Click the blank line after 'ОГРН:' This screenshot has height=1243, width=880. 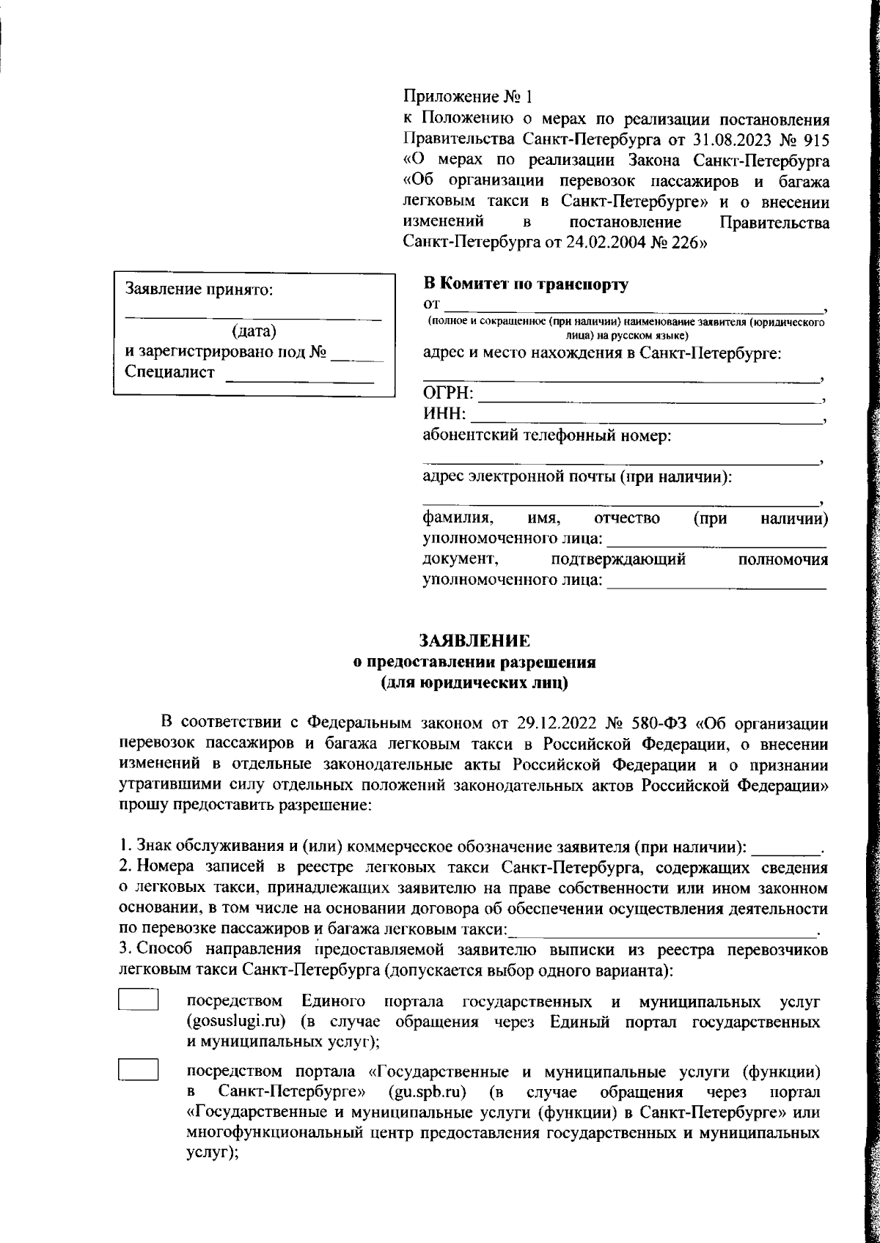(649, 399)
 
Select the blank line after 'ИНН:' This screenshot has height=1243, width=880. (645, 418)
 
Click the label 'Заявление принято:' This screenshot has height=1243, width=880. (199, 289)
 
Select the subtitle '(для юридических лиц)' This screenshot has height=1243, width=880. (474, 683)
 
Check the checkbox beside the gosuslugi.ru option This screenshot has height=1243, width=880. (139, 1000)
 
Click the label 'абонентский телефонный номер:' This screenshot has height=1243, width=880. (548, 438)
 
